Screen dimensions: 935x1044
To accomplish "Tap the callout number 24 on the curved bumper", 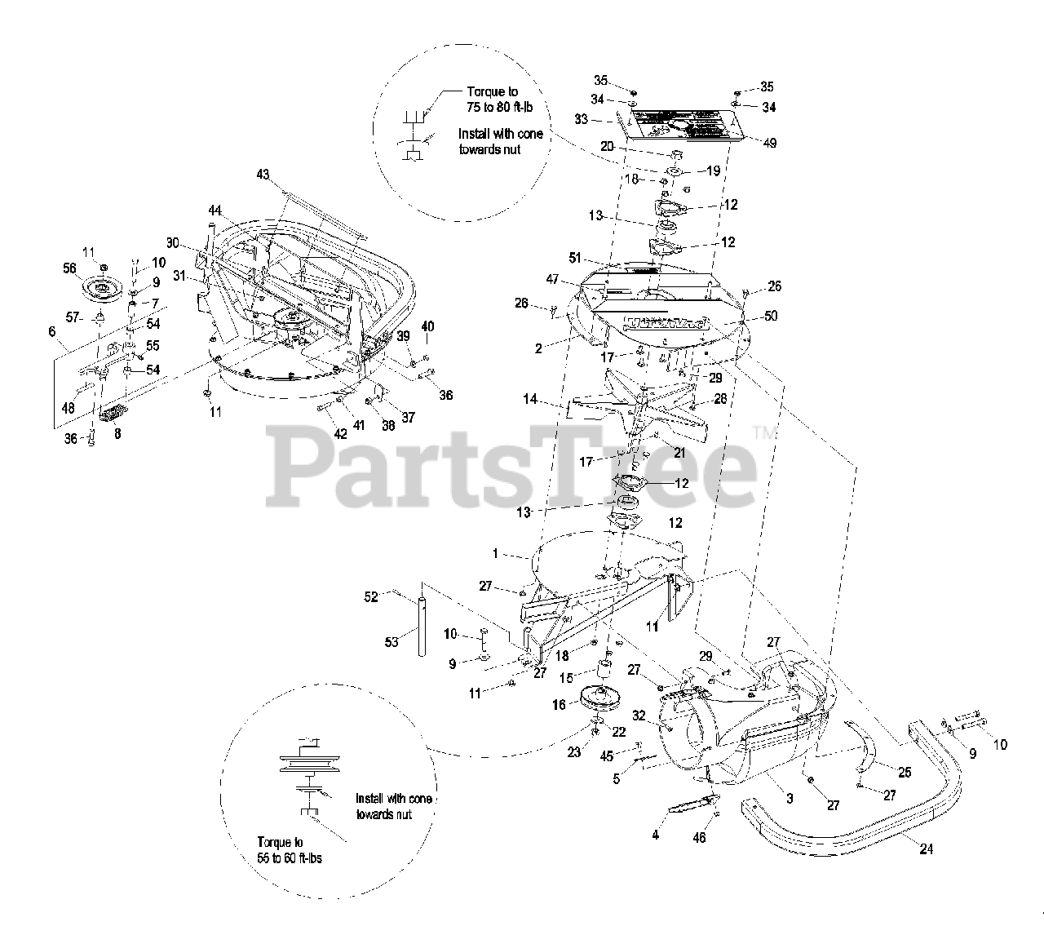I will (x=926, y=849).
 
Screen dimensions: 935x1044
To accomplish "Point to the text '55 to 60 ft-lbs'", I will (x=289, y=859).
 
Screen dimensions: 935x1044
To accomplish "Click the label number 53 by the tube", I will (x=391, y=642).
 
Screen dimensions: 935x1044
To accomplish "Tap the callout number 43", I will (x=262, y=174).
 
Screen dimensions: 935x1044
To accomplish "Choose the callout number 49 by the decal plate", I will (x=769, y=143).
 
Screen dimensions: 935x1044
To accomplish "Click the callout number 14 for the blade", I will (x=530, y=400).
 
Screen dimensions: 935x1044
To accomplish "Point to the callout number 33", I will (x=581, y=118).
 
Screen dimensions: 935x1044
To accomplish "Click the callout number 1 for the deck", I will (x=494, y=553).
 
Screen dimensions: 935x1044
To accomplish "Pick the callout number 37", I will (x=408, y=417).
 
